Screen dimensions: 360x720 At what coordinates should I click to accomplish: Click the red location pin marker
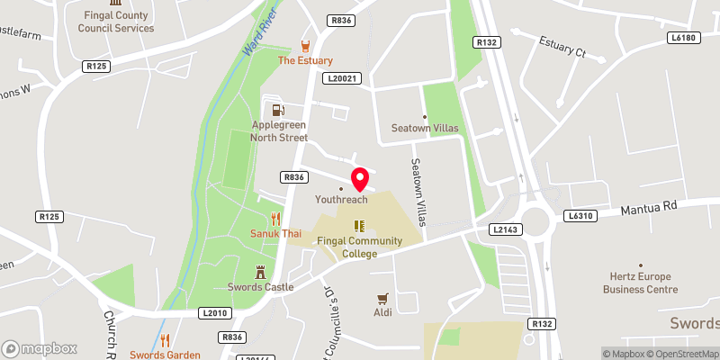click(x=359, y=177)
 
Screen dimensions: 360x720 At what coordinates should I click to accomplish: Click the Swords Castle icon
click(x=262, y=271)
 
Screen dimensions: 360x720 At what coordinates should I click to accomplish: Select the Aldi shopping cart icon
click(x=383, y=297)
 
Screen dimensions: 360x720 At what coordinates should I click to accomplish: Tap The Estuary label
click(x=306, y=60)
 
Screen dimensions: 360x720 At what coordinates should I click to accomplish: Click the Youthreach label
click(x=341, y=199)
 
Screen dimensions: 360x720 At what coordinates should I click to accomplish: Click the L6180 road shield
click(x=684, y=38)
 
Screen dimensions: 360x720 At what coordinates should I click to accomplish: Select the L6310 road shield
click(x=580, y=216)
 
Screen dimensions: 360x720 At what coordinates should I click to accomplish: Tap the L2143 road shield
click(x=506, y=230)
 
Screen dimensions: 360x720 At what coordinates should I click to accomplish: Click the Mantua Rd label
click(x=648, y=208)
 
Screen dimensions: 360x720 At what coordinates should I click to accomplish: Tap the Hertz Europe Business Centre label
click(x=643, y=283)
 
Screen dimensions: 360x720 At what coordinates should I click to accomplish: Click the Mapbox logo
click(x=40, y=348)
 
